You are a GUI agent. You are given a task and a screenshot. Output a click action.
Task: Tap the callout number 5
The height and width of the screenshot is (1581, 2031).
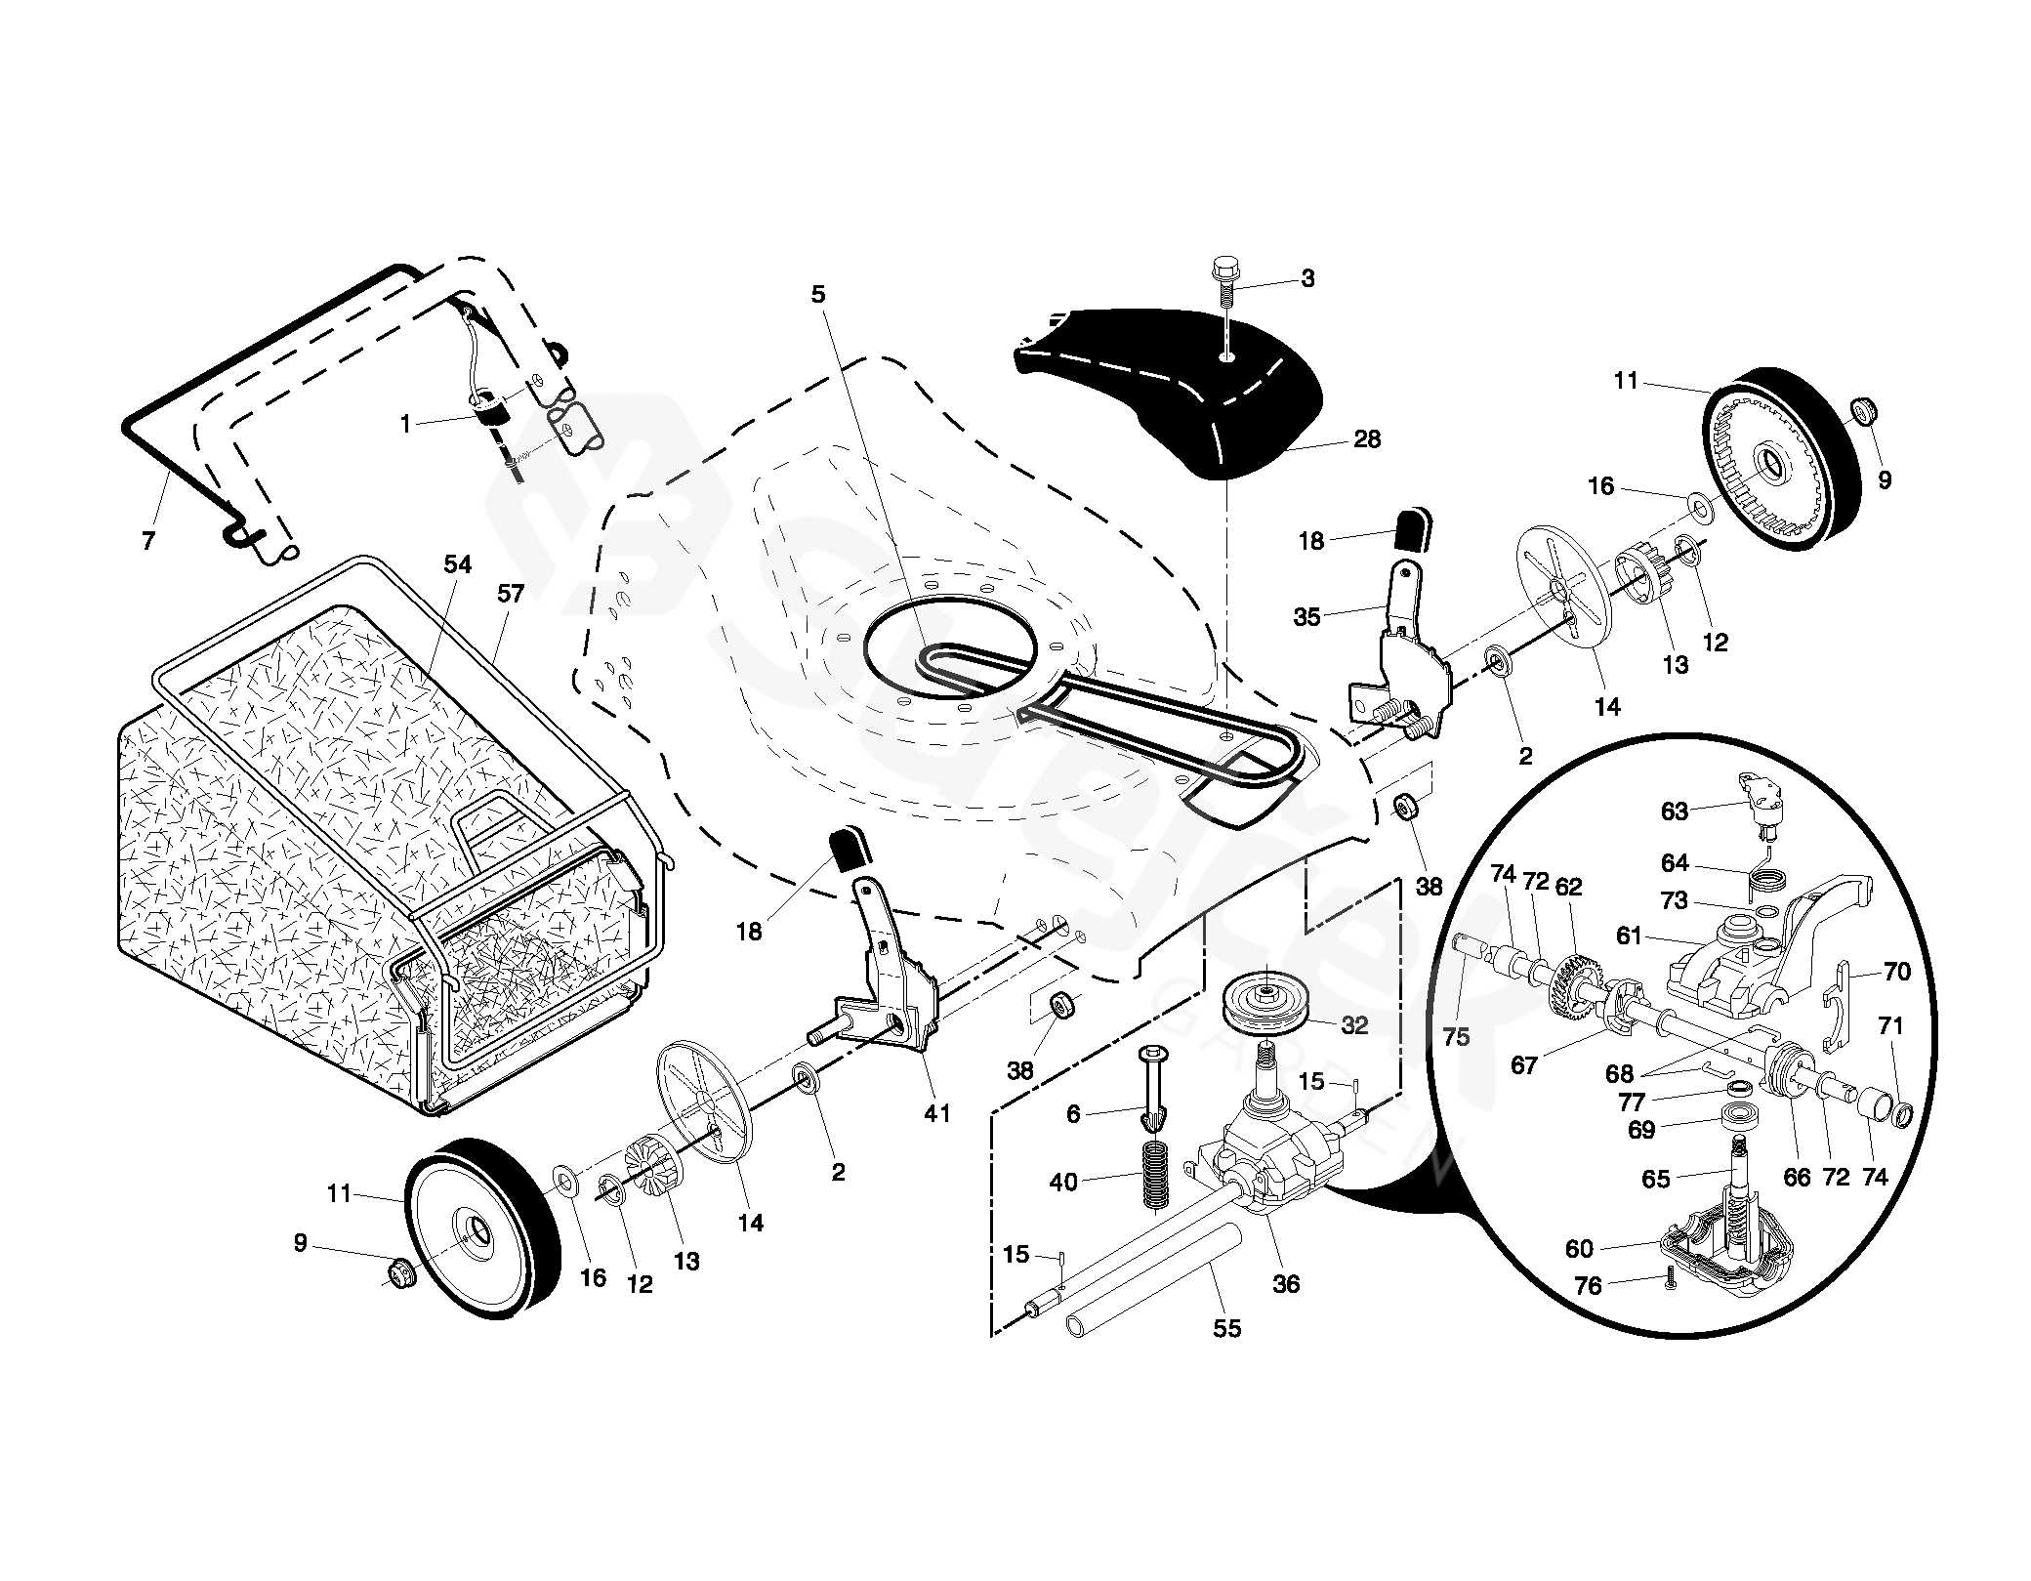click(x=818, y=294)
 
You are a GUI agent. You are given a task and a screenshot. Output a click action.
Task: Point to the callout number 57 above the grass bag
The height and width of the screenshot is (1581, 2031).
click(x=510, y=593)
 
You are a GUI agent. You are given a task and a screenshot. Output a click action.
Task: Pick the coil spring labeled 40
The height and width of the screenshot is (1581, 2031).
click(x=1154, y=1181)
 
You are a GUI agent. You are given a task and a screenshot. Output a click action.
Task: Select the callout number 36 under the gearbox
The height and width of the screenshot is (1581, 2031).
click(x=1286, y=1284)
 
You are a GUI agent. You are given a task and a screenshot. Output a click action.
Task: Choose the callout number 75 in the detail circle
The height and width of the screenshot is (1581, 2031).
click(x=1456, y=1036)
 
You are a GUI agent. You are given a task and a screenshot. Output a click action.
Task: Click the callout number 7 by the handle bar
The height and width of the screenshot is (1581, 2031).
click(x=148, y=540)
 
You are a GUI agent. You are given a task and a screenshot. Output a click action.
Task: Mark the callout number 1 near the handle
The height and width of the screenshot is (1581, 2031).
click(x=405, y=424)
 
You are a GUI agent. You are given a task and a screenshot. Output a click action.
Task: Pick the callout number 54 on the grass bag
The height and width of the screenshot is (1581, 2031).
click(x=457, y=564)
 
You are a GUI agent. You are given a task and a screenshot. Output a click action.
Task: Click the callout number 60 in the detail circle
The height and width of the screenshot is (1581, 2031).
click(x=1579, y=1248)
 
